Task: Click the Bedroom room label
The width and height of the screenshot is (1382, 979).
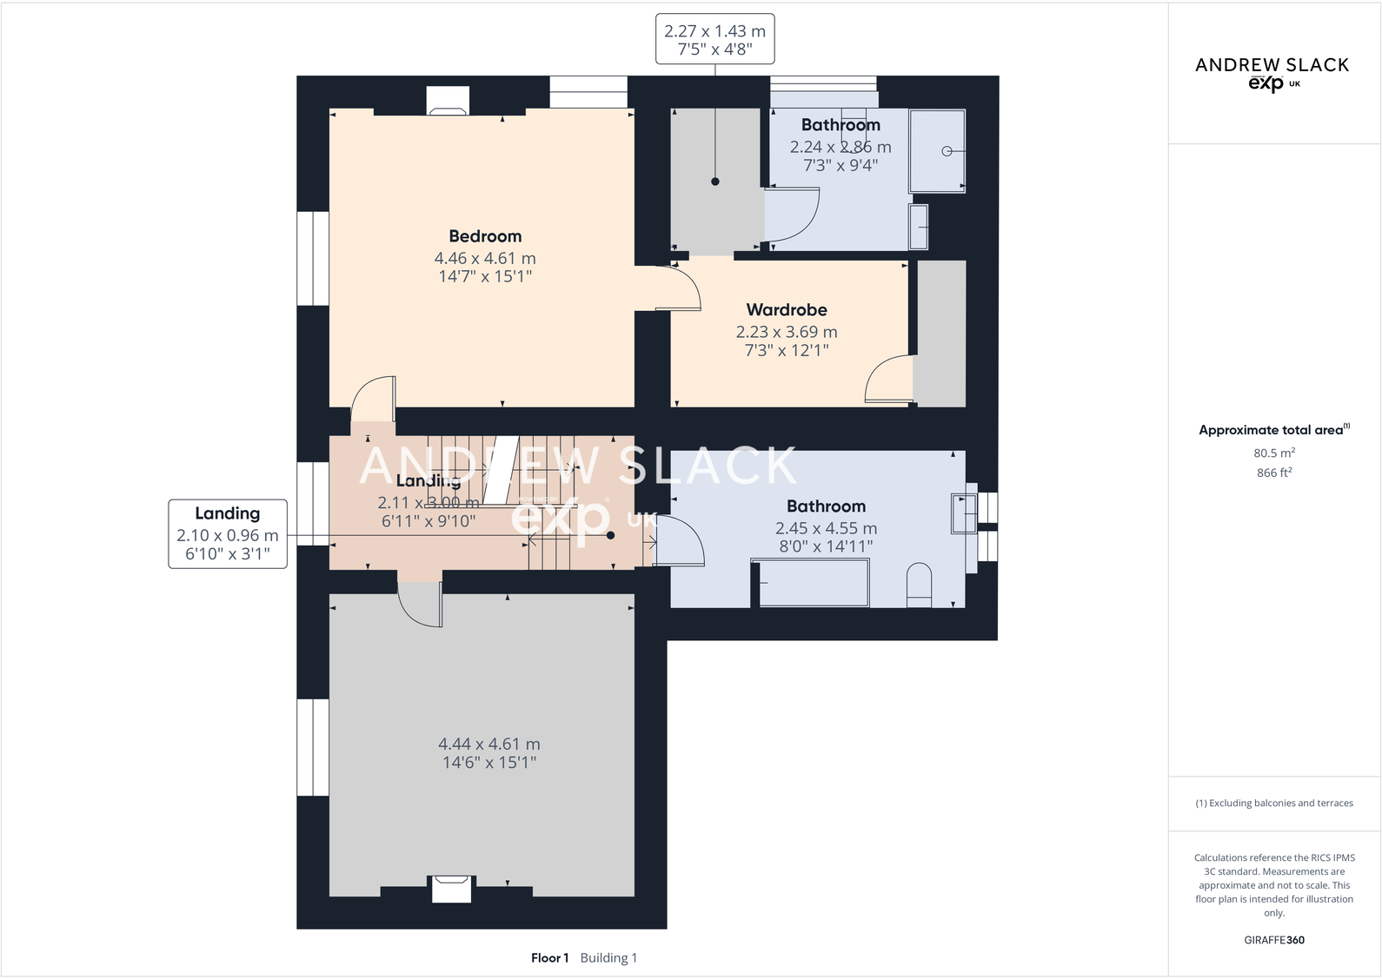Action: pos(485,236)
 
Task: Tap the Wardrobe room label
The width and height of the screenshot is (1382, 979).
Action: pos(787,310)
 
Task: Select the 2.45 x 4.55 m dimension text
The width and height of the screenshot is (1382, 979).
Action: pos(826,528)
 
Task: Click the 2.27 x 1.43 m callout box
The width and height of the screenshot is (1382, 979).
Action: pos(714,40)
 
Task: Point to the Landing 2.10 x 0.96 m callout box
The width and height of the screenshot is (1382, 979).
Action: pos(228,533)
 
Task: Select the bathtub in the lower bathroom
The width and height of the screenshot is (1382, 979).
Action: pos(811,583)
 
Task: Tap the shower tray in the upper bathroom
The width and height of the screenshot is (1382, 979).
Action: pos(937,150)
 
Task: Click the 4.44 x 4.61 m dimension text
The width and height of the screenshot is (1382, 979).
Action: pos(489,744)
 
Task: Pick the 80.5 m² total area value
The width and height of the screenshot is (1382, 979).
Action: pos(1274,453)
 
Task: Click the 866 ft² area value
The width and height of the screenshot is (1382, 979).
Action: pos(1274,473)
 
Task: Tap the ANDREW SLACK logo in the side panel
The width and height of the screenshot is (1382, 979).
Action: pos(1272,72)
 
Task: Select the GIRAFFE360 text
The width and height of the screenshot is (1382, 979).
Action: pos(1274,940)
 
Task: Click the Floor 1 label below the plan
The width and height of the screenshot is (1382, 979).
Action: pos(549,958)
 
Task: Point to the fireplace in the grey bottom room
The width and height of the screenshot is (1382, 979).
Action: pos(452,889)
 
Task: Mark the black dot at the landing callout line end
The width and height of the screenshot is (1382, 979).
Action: pos(611,535)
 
